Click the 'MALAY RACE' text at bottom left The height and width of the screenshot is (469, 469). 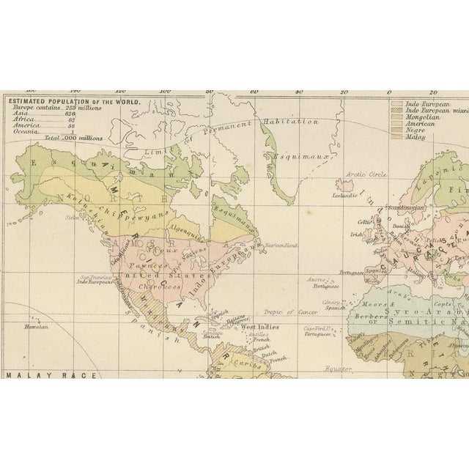tap(34, 375)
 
